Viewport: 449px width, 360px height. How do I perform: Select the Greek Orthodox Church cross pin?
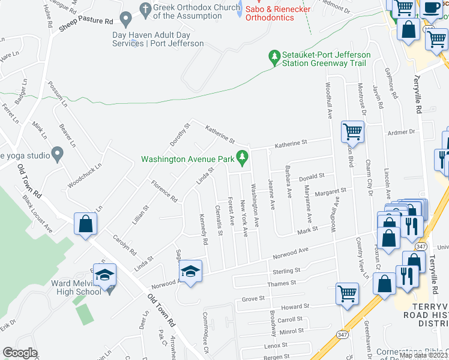pos(143,10)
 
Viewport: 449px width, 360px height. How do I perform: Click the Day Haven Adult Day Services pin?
pos(126,20)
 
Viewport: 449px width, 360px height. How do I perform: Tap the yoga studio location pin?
pos(58,155)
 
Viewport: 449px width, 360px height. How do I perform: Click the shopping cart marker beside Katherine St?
pos(352,131)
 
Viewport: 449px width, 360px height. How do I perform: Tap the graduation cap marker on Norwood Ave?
pos(190,273)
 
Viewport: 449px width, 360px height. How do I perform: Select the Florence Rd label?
pos(164,191)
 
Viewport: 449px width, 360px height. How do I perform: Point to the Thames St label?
pos(282,283)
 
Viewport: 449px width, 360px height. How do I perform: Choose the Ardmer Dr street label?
pos(402,132)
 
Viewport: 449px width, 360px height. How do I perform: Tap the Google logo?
pos(20,353)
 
